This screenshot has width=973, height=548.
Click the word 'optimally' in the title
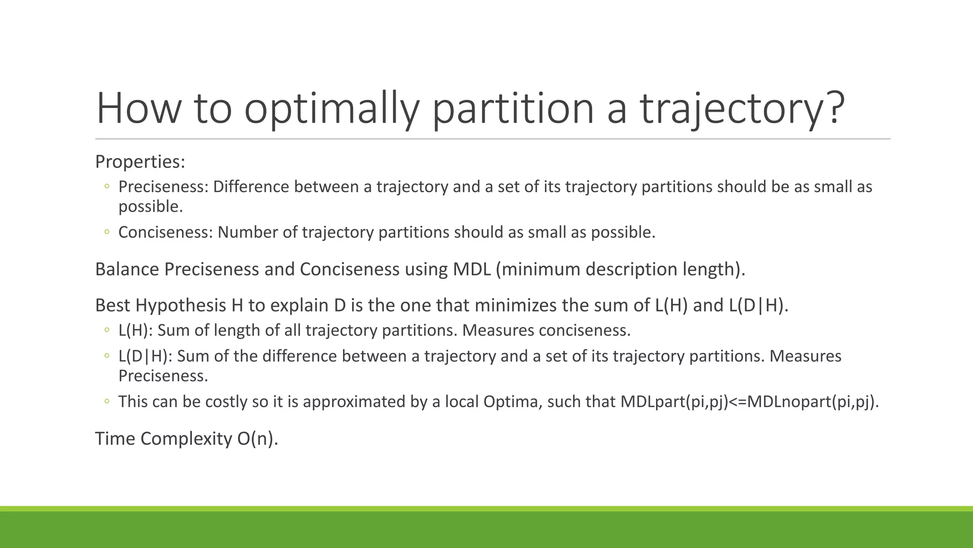pyautogui.click(x=332, y=108)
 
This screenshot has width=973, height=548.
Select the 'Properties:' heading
pyautogui.click(x=140, y=162)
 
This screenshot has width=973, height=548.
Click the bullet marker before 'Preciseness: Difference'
pyautogui.click(x=107, y=186)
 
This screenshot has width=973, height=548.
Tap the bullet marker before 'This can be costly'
pyautogui.click(x=107, y=401)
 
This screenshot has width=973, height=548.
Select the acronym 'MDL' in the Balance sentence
pyautogui.click(x=471, y=269)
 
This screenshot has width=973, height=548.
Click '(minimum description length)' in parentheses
pyautogui.click(x=620, y=269)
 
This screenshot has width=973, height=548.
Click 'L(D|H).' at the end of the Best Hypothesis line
pyautogui.click(x=758, y=305)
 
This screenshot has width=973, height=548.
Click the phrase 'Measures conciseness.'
pyautogui.click(x=546, y=331)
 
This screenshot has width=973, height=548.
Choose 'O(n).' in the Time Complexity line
pyautogui.click(x=257, y=439)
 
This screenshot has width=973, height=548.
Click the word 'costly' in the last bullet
pyautogui.click(x=226, y=402)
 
